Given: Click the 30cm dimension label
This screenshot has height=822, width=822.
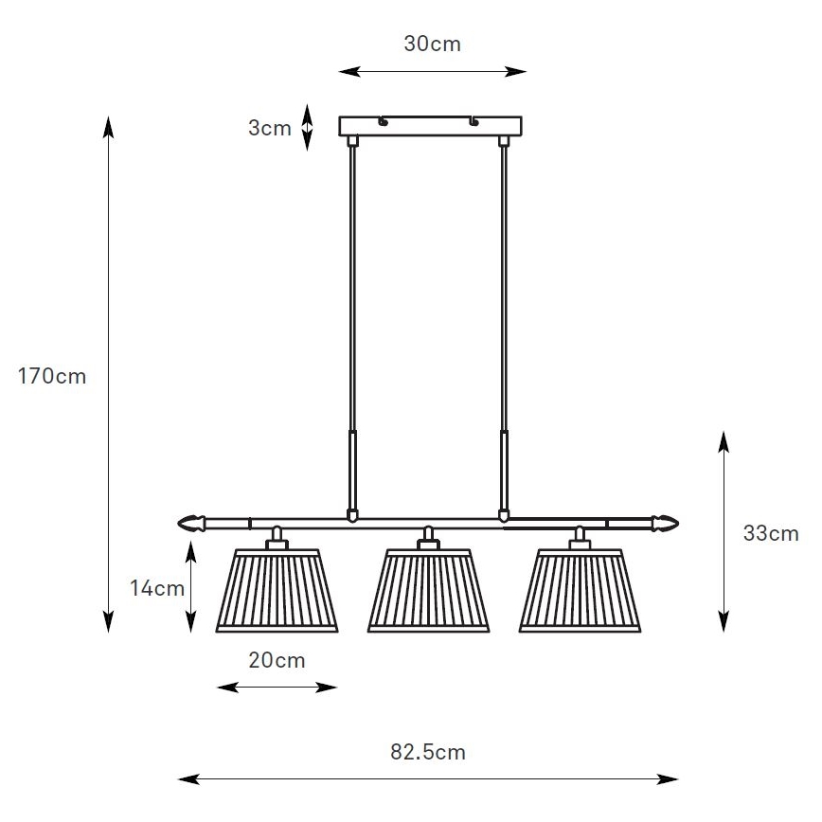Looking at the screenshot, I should click(x=432, y=44).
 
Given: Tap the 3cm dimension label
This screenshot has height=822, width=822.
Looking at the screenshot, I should click(x=269, y=128).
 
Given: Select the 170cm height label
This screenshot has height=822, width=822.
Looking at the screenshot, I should click(x=52, y=376).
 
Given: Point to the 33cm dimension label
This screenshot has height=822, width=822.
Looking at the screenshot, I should click(x=771, y=533).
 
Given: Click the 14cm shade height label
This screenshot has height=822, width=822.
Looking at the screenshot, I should click(x=156, y=588).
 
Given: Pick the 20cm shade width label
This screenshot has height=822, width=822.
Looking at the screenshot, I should click(x=277, y=660).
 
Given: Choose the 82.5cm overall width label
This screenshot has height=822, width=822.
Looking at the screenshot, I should click(x=428, y=752).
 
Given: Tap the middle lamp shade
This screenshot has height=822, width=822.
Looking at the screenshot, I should click(x=428, y=590).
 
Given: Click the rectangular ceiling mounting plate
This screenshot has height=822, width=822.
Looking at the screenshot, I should click(x=431, y=126).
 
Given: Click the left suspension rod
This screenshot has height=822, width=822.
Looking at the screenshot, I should click(x=353, y=322).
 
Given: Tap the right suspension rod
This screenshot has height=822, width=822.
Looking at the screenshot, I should click(x=504, y=322).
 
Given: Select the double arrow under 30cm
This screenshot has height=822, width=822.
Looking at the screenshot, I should click(x=432, y=71).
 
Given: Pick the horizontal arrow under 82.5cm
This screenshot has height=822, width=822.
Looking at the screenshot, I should click(x=428, y=779).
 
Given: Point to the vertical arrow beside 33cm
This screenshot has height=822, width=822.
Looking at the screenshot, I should click(x=724, y=530).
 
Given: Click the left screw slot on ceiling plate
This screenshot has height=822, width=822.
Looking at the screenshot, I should click(x=384, y=121).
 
